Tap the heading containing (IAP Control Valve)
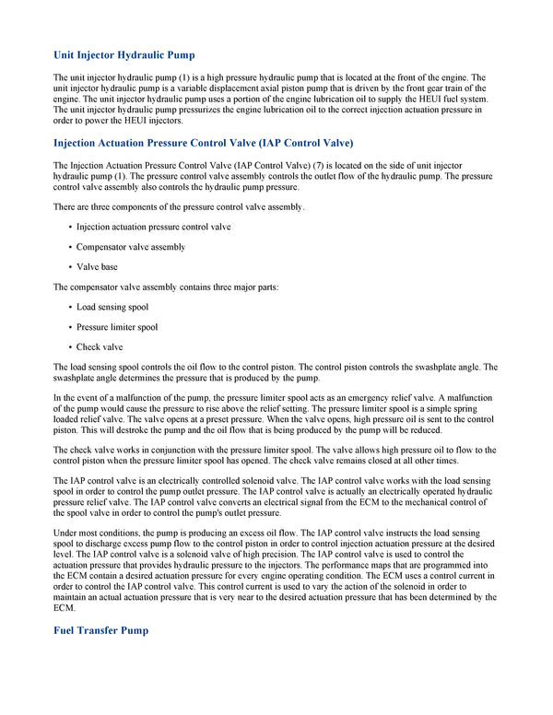pyautogui.click(x=203, y=143)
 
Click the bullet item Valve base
pyautogui.click(x=97, y=267)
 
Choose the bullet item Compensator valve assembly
pyautogui.click(x=131, y=247)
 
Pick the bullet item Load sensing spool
pyautogui.click(x=112, y=307)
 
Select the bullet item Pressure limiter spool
pyautogui.click(x=117, y=327)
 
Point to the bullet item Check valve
pyautogui.click(x=100, y=347)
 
